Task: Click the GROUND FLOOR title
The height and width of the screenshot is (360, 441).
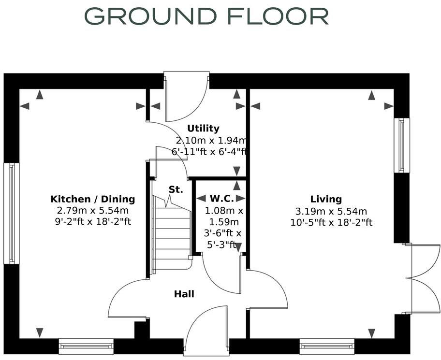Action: tap(206, 15)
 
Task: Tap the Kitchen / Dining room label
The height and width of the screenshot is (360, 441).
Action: tap(93, 199)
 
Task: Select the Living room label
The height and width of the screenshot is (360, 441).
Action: tap(326, 199)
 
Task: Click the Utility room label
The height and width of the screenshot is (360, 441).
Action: tap(203, 129)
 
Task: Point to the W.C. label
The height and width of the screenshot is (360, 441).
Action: tap(222, 199)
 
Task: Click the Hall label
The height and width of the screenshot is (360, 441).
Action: tap(184, 294)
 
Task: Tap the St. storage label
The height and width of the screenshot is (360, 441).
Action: tap(176, 190)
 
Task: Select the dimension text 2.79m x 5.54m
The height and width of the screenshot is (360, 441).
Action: tap(93, 211)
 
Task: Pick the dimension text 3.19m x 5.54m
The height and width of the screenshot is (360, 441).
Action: tap(331, 211)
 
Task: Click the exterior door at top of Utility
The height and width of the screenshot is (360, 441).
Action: tap(186, 97)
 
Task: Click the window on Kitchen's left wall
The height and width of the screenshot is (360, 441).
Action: tap(11, 213)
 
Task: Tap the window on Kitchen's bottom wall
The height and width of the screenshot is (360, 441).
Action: tap(86, 346)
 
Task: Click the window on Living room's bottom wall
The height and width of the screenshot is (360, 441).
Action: tap(327, 346)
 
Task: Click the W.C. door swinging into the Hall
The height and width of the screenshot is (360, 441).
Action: tap(222, 273)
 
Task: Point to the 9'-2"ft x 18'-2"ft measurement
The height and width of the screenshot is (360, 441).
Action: tap(93, 222)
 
